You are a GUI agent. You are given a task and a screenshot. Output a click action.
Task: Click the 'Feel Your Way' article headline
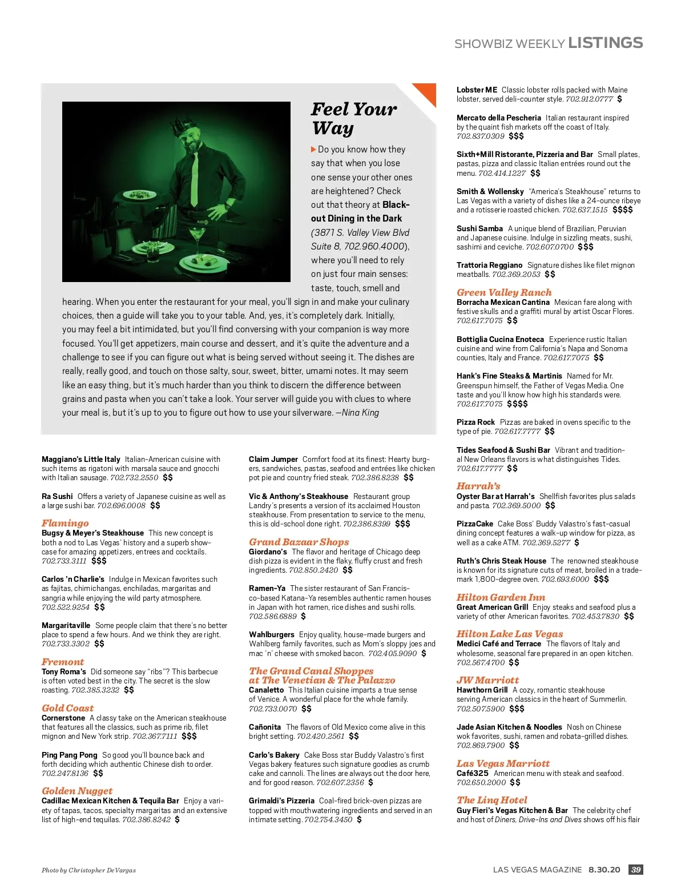[354, 118]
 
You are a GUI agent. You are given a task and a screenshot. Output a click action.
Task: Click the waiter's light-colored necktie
[195, 171]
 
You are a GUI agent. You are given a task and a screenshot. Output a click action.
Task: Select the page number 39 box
[636, 870]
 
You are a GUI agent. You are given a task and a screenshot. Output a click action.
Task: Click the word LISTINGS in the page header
[606, 43]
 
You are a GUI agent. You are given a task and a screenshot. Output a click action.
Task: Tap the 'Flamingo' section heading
[65, 523]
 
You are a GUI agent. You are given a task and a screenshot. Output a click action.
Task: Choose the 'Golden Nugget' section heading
[77, 791]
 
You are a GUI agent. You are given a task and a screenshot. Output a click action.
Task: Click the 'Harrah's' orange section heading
[478, 486]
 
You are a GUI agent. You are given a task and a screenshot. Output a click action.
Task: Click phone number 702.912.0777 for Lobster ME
[589, 99]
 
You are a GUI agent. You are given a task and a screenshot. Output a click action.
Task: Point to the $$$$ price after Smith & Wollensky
[623, 210]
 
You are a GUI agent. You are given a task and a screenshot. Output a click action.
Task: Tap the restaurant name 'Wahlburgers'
[272, 634]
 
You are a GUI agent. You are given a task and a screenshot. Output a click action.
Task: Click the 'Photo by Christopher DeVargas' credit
[88, 870]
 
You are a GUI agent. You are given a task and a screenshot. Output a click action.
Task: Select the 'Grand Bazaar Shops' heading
[299, 542]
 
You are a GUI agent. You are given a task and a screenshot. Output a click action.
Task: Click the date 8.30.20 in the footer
[604, 870]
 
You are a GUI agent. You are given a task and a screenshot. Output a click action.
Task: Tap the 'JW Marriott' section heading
[487, 680]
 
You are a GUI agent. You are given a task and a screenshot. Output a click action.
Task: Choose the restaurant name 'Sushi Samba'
[479, 228]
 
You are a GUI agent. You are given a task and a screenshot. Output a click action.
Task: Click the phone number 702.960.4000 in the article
[374, 246]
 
